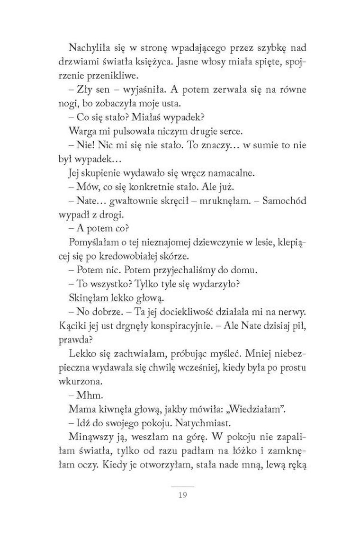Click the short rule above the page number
pyautogui.click(x=182, y=486)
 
